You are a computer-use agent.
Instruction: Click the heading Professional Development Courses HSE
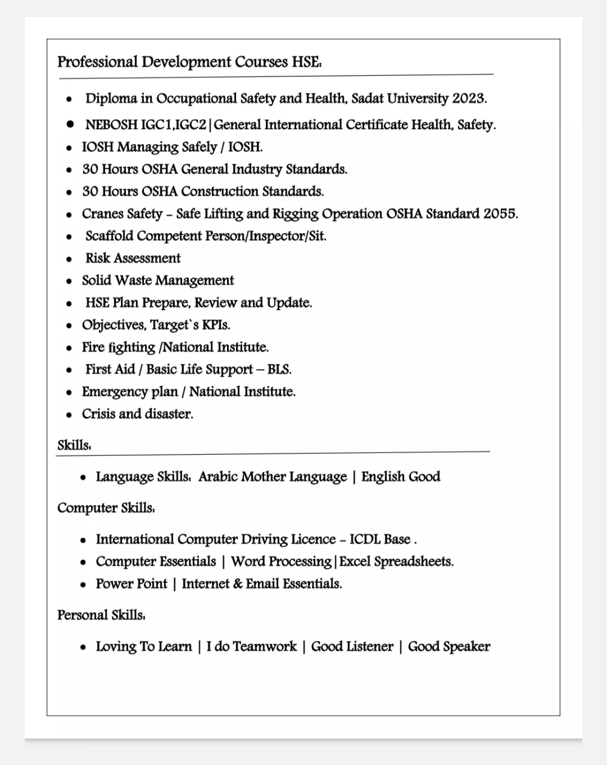(189, 62)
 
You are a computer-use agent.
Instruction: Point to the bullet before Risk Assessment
(70, 259)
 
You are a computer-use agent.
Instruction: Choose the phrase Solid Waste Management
(158, 280)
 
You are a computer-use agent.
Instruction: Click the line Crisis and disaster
(138, 414)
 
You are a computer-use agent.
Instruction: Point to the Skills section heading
(74, 445)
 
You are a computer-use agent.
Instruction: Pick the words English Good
(401, 477)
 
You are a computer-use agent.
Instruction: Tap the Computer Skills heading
(106, 508)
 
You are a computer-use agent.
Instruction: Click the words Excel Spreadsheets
(396, 562)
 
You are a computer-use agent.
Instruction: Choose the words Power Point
(131, 584)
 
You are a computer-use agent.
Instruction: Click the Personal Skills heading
(101, 615)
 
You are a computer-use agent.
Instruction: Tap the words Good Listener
(352, 647)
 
